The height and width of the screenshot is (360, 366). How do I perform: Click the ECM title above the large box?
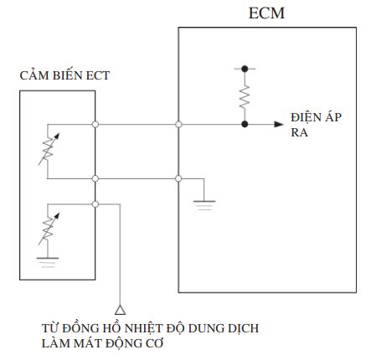pos(266,13)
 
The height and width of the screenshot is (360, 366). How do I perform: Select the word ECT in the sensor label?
pos(98,75)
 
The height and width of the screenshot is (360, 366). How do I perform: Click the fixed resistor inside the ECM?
pos(245,97)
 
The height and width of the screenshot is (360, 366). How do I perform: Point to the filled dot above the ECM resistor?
pos(245,69)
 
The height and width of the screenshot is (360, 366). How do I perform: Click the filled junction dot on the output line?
pos(245,124)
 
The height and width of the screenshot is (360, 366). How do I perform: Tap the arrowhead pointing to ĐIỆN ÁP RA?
pos(279,124)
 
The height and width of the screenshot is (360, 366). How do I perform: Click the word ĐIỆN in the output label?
pos(302,117)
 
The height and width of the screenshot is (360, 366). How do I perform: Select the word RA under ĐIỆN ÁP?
pos(299,132)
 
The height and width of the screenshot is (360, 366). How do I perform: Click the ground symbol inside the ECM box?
pos(204,205)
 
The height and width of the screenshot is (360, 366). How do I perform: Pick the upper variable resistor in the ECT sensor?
pos(49,149)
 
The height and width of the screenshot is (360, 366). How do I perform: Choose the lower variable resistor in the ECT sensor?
pos(49,229)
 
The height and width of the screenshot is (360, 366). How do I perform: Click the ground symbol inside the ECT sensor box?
pos(48,262)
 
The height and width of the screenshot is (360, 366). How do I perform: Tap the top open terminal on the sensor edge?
pos(95,124)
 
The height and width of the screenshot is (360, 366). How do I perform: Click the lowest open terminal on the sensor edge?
pos(95,204)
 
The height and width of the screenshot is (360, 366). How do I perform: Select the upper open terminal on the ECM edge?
pos(178,124)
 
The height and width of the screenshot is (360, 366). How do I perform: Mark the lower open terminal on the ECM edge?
pos(178,178)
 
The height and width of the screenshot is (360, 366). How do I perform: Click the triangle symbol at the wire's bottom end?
pos(120,310)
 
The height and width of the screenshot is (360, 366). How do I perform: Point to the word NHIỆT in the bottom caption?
pos(143,328)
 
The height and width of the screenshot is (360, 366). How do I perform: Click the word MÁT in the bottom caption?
pos(87,343)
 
